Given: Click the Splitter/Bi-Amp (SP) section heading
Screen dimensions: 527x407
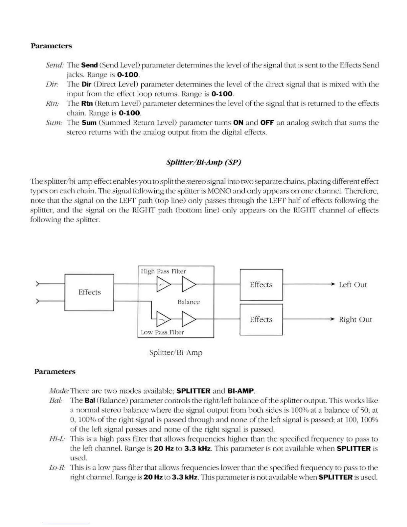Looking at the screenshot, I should click(x=203, y=162).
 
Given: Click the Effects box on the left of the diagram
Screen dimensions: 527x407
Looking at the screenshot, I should click(x=89, y=292).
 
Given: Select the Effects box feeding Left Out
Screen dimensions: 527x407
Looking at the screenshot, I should click(x=261, y=285).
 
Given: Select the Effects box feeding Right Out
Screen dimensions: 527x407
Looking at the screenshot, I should click(x=261, y=319).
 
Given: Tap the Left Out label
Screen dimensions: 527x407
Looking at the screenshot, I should click(x=352, y=285).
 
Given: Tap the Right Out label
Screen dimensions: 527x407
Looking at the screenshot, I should click(x=355, y=319).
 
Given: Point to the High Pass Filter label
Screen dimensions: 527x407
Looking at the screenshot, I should click(x=163, y=271).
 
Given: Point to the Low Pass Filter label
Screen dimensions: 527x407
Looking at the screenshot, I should click(x=162, y=332).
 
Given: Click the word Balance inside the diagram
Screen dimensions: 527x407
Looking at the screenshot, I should click(x=189, y=302).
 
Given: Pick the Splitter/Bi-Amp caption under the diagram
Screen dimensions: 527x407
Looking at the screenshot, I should click(x=176, y=352).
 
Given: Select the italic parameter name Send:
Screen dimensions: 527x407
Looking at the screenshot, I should click(x=54, y=65).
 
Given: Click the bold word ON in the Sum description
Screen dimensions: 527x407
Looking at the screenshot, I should click(x=238, y=122).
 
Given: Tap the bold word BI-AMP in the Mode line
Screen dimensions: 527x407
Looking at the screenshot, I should click(x=240, y=391).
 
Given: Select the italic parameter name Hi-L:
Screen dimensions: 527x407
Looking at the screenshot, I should click(x=57, y=439).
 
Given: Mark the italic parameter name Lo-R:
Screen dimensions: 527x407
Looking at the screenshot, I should click(x=57, y=467).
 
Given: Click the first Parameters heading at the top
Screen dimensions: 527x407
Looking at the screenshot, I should click(x=51, y=46).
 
